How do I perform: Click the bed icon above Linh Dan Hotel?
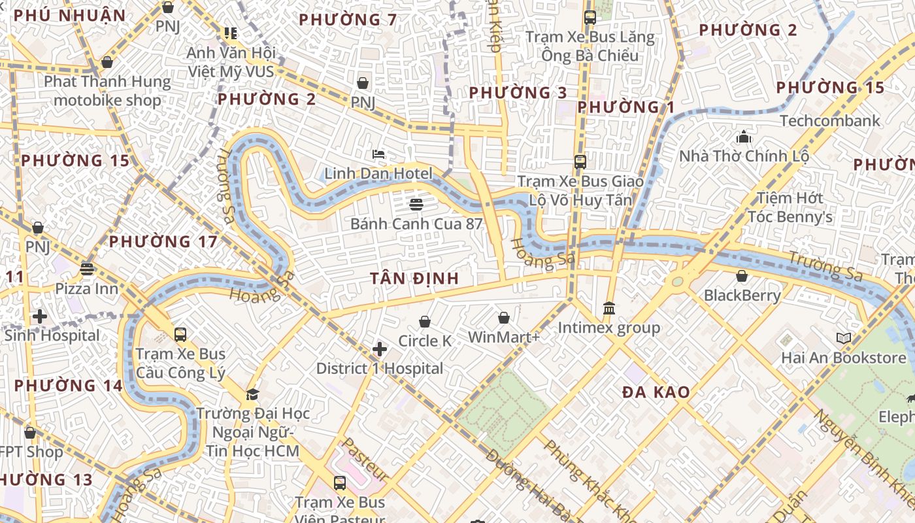(x=378, y=154)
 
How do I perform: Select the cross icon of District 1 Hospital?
(x=380, y=349)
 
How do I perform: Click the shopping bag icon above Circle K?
(x=425, y=322)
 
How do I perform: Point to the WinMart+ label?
(x=504, y=337)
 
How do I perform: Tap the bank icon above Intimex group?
(x=609, y=308)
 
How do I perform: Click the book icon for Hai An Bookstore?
(x=844, y=339)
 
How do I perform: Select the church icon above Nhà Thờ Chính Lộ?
(x=744, y=137)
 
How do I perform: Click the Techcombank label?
(x=830, y=121)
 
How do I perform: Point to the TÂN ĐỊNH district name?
(x=414, y=278)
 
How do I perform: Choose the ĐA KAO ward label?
(x=656, y=392)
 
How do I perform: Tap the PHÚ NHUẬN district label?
(x=69, y=16)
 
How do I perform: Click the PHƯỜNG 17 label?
(x=163, y=242)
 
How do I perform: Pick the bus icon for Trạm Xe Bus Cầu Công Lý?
(x=180, y=335)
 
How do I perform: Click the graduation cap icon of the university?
(x=252, y=394)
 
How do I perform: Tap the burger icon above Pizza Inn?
(x=87, y=269)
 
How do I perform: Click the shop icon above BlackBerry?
(x=742, y=276)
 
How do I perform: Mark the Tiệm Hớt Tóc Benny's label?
(x=790, y=207)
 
